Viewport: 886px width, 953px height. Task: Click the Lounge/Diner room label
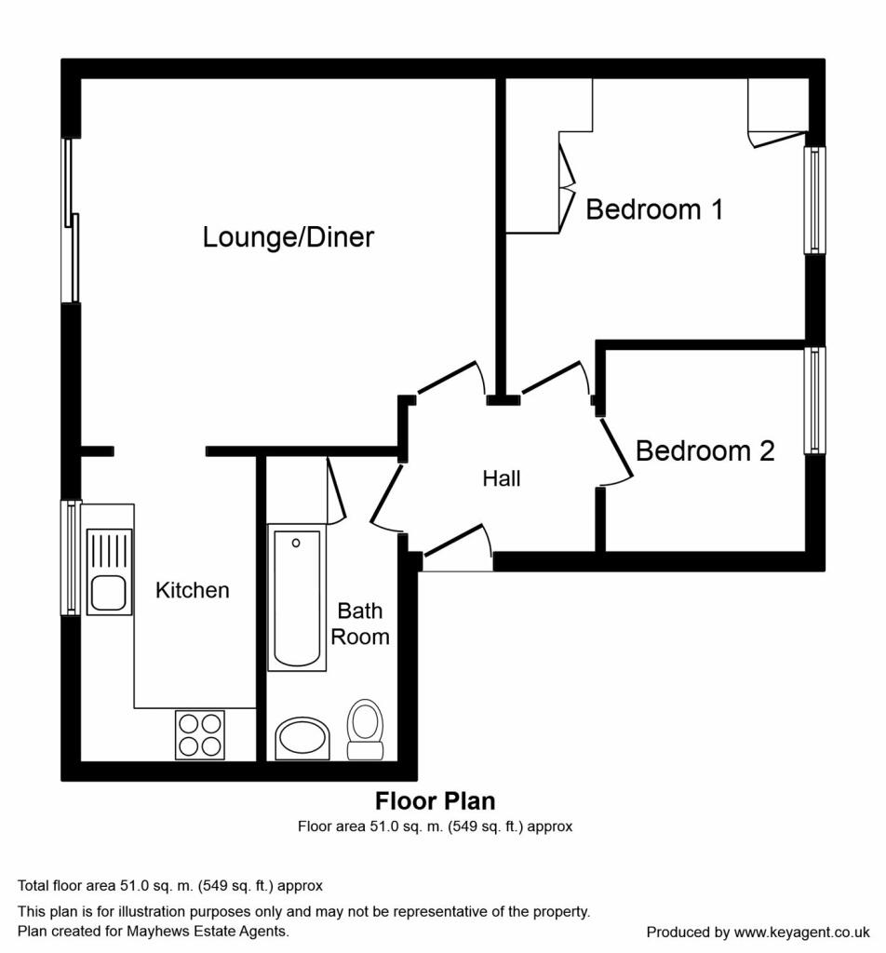tap(288, 237)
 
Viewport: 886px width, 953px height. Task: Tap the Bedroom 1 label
tap(654, 209)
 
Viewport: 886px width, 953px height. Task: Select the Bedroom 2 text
tap(705, 451)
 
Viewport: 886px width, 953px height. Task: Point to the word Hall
tap(502, 479)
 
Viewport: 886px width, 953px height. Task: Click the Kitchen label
tap(192, 590)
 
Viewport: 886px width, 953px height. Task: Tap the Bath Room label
tap(360, 624)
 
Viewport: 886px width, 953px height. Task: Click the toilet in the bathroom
tap(365, 730)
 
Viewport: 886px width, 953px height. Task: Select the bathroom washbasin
tap(302, 738)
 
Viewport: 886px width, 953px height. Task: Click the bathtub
tap(297, 598)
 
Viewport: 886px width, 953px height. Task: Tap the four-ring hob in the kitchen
tap(200, 735)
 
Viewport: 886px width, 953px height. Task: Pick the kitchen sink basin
tap(110, 593)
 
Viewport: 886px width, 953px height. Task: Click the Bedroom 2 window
tap(815, 400)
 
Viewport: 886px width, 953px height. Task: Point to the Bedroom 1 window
tap(815, 200)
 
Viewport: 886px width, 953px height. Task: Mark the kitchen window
tap(71, 557)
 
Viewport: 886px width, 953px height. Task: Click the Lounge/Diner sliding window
tap(71, 221)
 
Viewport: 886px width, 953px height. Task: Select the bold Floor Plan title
tap(436, 801)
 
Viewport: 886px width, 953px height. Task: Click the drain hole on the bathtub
tap(296, 543)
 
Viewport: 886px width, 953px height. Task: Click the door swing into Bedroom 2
tap(617, 451)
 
